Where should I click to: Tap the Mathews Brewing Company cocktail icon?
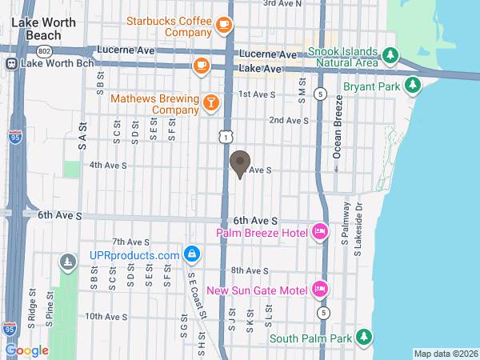pos(210,102)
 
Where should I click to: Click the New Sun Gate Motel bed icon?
pos(319,289)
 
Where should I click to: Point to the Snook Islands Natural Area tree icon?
pos(390,55)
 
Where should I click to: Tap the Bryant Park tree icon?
pos(412,85)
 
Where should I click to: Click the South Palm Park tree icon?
pos(364,338)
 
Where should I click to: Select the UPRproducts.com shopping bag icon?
pos(191,254)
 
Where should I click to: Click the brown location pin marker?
pos(239,164)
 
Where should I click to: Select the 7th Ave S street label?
pos(131,242)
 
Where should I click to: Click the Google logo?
pos(26,350)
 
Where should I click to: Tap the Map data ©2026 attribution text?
pos(445,354)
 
